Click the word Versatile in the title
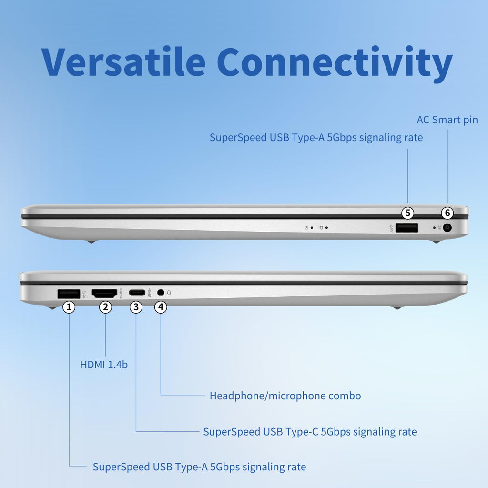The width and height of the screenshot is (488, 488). click(123, 62)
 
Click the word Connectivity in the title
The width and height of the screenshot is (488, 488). click(334, 62)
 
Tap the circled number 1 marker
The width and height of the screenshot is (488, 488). click(69, 307)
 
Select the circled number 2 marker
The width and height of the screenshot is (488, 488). click(106, 307)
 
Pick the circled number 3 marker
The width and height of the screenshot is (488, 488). click(136, 307)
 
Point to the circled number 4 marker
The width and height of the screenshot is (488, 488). click(161, 307)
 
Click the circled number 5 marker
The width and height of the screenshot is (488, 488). click(408, 213)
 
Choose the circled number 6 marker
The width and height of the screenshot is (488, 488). click(447, 213)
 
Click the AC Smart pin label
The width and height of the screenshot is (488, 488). click(447, 120)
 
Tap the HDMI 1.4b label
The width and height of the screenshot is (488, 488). click(104, 365)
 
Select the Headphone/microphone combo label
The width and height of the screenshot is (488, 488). click(285, 396)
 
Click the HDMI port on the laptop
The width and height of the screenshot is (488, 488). click(104, 293)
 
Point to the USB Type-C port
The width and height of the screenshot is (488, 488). click(137, 293)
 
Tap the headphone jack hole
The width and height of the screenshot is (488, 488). click(161, 293)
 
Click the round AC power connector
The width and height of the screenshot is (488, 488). click(447, 228)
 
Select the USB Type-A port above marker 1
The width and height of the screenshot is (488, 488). click(69, 294)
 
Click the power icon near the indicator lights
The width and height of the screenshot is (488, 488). click(306, 228)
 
